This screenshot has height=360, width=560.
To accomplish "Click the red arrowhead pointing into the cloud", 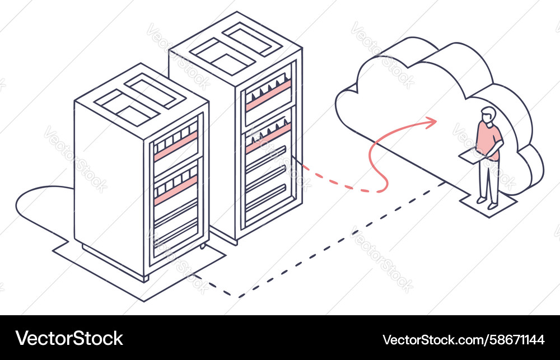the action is tap(431, 123).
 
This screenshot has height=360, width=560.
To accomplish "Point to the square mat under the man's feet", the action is tap(488, 204).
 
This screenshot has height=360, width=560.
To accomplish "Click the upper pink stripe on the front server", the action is tap(176, 146).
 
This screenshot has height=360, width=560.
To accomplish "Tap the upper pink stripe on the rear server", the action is tap(268, 95).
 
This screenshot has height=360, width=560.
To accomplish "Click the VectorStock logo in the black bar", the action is tap(69, 338).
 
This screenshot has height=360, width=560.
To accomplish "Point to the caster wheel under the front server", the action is tap(203, 246).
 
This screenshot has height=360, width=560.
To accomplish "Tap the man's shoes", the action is tap(487, 203).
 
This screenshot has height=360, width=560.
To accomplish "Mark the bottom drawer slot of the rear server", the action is tap(266, 198).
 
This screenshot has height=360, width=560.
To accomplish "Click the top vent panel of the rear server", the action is tap(236, 48).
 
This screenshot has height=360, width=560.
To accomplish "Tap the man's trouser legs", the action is tap(489, 181).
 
